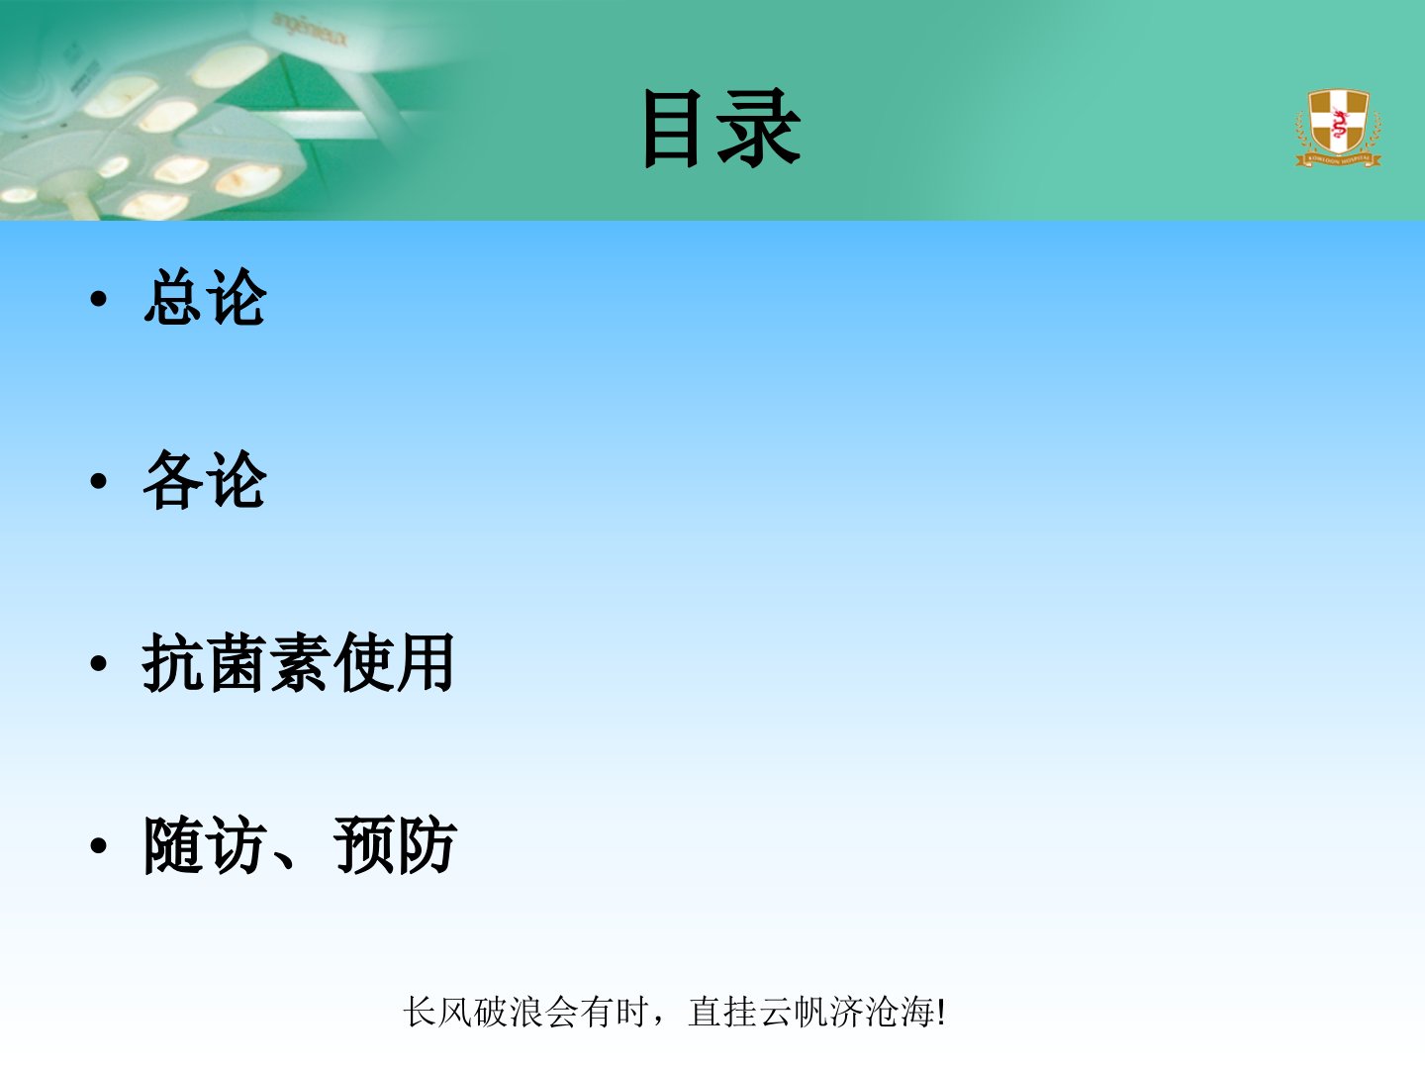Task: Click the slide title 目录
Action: coord(721,129)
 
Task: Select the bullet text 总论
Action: coord(205,297)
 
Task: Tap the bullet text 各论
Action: coord(205,480)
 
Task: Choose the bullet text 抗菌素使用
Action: coord(298,662)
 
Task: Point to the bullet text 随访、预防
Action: coord(300,845)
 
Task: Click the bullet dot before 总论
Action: coord(98,299)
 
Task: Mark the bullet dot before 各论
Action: coord(98,482)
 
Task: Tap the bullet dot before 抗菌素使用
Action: coord(98,664)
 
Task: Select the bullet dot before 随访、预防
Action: coord(98,846)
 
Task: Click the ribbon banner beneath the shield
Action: coord(1338,159)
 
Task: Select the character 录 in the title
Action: coord(758,129)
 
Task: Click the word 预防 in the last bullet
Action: coord(396,845)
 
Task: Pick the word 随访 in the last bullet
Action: coord(205,845)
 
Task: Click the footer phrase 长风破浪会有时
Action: coord(525,1012)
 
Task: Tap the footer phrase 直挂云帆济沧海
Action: coord(811,1012)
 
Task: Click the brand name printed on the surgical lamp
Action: coord(309,31)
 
